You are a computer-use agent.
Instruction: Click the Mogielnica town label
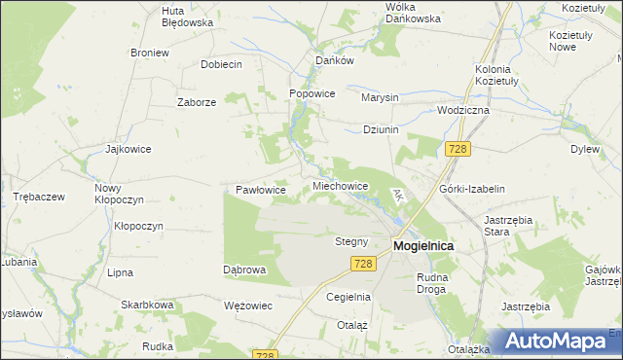click(423, 246)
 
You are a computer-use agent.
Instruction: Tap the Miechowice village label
click(340, 186)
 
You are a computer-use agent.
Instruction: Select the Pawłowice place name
click(261, 191)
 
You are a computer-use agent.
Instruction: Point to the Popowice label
click(312, 93)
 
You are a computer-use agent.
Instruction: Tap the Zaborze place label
click(196, 102)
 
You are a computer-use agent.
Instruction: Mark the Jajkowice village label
click(128, 150)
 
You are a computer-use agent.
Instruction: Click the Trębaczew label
click(39, 197)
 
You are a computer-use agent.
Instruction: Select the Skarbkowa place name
click(147, 305)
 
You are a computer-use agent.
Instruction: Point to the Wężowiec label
click(247, 306)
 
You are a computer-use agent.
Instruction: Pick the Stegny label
click(351, 241)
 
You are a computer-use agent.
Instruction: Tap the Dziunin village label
click(381, 129)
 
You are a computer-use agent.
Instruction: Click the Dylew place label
click(584, 150)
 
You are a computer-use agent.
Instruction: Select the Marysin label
click(380, 98)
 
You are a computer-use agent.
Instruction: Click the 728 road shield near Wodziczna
click(458, 149)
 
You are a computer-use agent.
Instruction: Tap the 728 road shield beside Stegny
click(363, 264)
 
